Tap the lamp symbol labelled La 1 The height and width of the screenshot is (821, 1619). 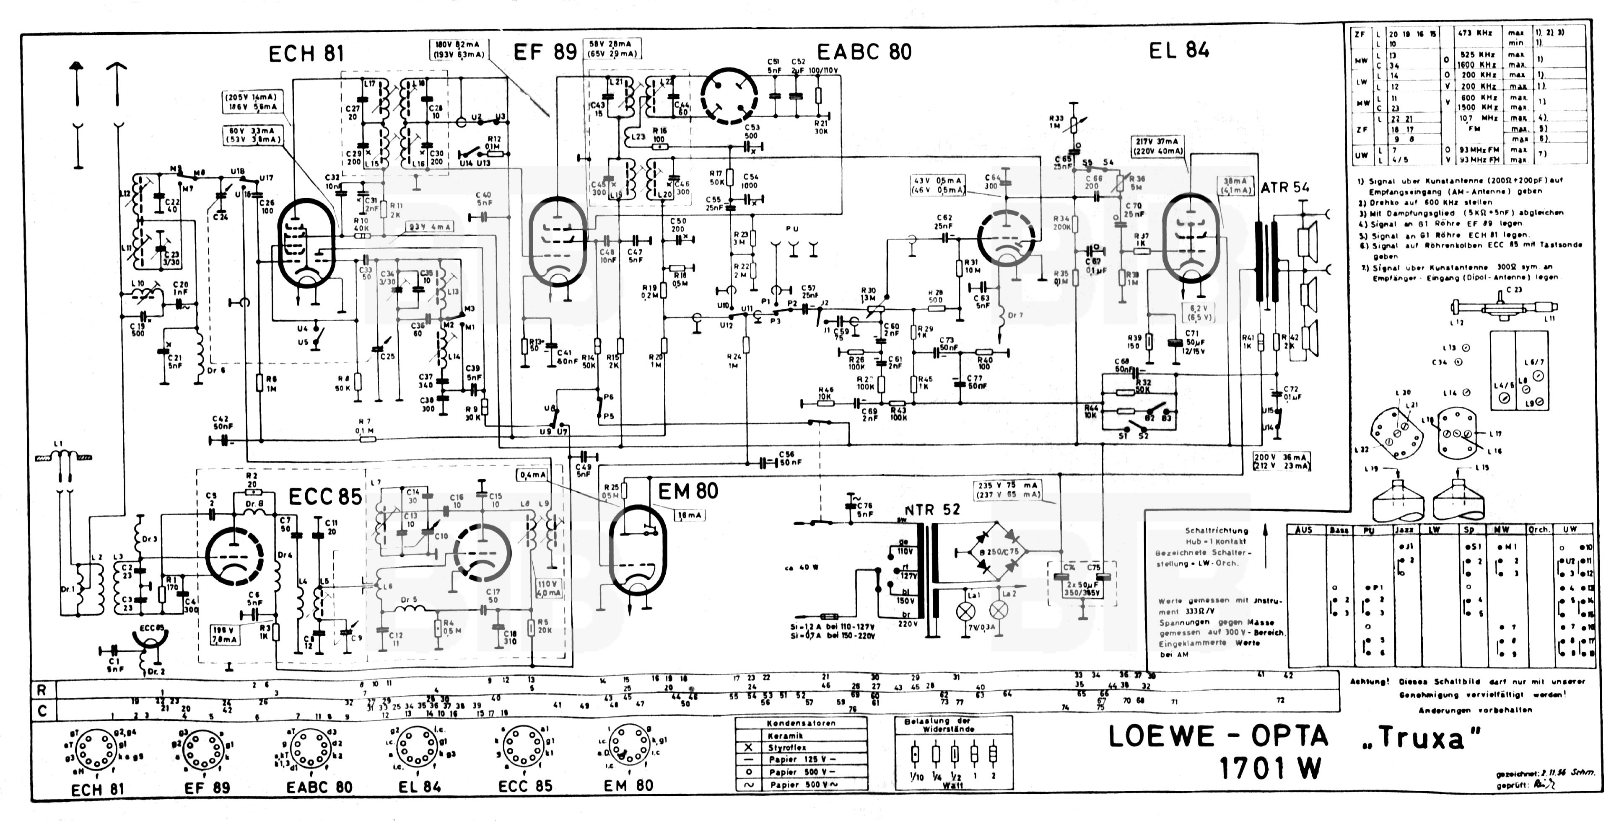coord(966,610)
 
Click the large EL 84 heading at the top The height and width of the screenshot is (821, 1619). coord(1179,50)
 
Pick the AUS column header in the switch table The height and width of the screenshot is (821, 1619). coord(1304,529)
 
